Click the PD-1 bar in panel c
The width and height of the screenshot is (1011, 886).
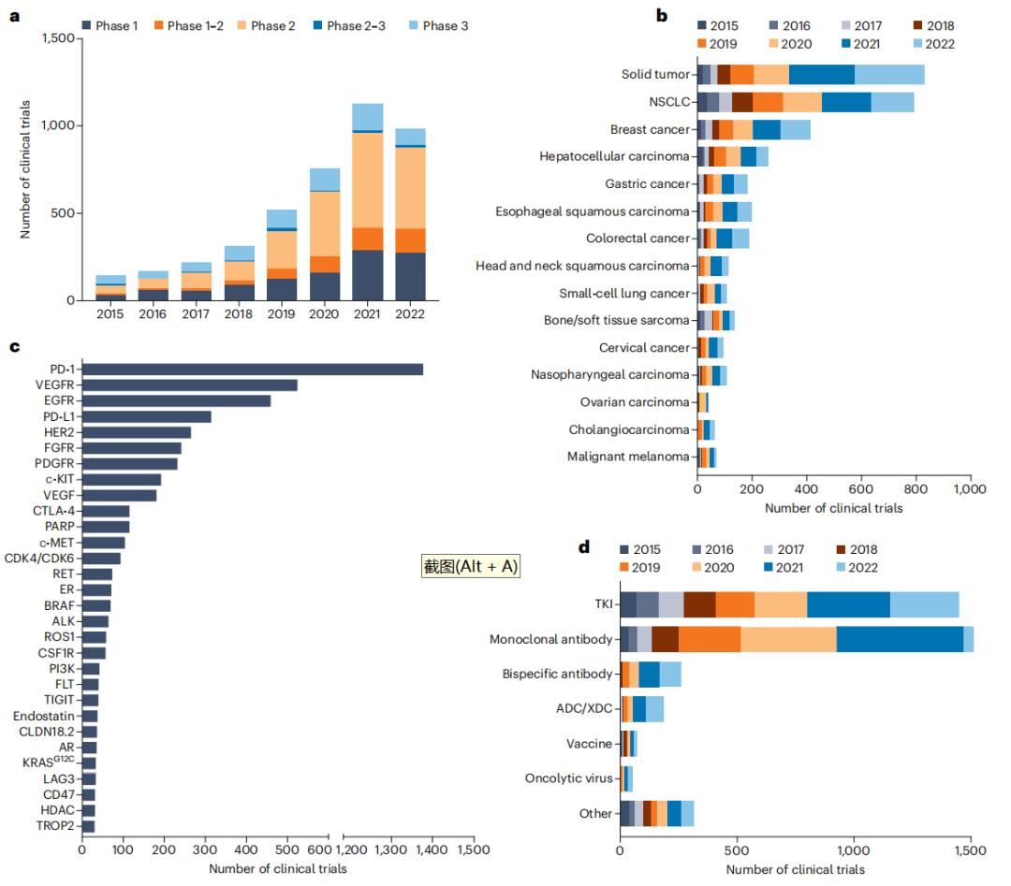(253, 370)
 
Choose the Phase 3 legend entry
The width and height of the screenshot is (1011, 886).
(445, 25)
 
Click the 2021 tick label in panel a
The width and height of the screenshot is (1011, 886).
(367, 314)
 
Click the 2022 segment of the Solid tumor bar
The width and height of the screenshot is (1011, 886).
(889, 75)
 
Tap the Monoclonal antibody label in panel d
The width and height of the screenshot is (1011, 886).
(550, 640)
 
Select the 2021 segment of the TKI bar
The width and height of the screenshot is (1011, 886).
(848, 604)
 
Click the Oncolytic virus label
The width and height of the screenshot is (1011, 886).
(568, 778)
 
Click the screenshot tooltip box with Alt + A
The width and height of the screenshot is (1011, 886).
(470, 566)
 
